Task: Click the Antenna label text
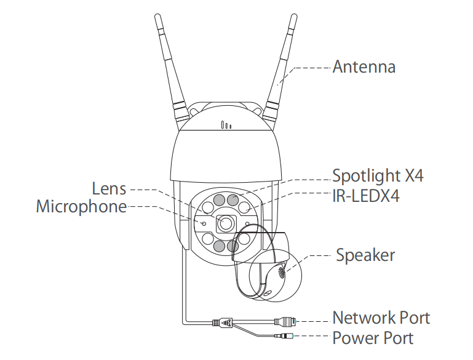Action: (x=364, y=66)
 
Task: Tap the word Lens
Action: (x=109, y=188)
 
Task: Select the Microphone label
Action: (x=81, y=206)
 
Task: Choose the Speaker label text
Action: (x=365, y=254)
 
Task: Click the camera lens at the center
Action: (x=226, y=223)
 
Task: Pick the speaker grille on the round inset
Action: (x=283, y=271)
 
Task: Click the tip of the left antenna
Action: (x=157, y=17)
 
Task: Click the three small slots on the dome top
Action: (x=226, y=126)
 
